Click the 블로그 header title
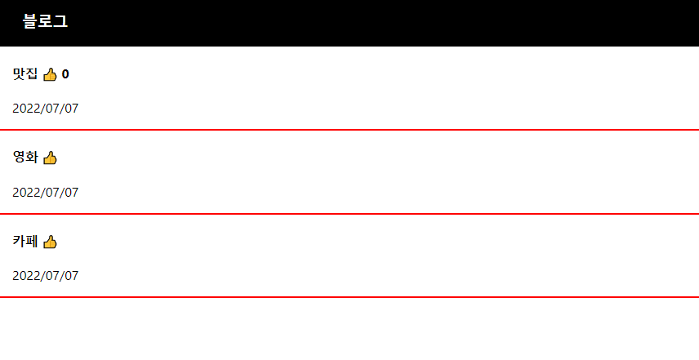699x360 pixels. [x=45, y=22]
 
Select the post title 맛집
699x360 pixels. [x=25, y=74]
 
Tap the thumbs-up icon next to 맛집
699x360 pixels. [x=50, y=75]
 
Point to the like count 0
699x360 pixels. [x=65, y=75]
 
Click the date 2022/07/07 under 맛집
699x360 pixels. [x=46, y=109]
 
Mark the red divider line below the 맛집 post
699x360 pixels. [x=349, y=130]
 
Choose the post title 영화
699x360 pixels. [x=25, y=158]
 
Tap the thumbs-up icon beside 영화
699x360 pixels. [x=50, y=158]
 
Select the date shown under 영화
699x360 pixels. [x=46, y=193]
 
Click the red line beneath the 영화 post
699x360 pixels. [x=349, y=214]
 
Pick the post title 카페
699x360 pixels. [x=25, y=242]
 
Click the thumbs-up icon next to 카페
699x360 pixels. [x=50, y=242]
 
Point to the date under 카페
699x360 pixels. [x=46, y=276]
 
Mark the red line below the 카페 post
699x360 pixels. [x=349, y=297]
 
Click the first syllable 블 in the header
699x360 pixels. [x=30, y=22]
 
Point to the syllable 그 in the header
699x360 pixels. [x=60, y=22]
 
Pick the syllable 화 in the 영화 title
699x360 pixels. [x=32, y=158]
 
